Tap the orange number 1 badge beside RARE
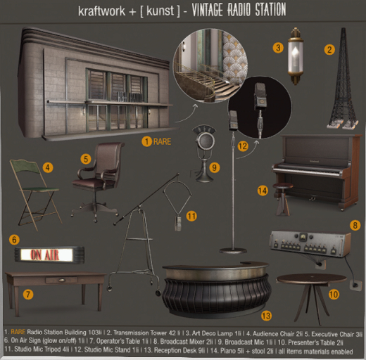146,141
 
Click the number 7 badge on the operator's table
28,293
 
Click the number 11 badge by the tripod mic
191,215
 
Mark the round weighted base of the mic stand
229,250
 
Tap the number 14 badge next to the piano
263,190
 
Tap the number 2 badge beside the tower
328,49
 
